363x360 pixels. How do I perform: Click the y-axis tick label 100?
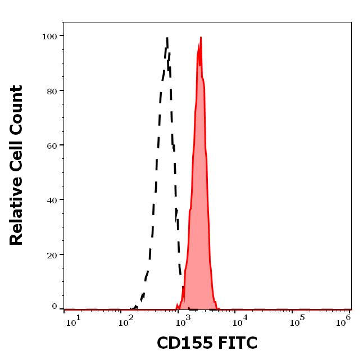49,37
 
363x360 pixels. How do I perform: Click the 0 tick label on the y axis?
55,307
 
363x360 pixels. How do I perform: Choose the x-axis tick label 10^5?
296,321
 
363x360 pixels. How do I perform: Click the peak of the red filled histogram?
201,38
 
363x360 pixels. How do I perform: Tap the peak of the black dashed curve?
167,38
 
